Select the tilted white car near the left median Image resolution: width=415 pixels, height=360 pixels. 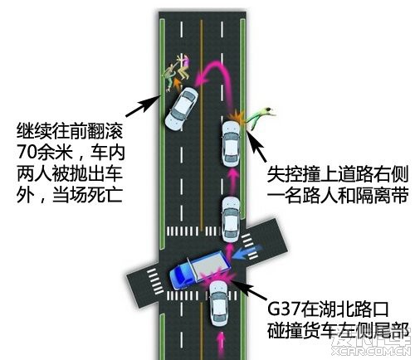point(182,109)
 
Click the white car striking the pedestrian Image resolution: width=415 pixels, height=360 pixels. point(231,144)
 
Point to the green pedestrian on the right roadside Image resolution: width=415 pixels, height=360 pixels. point(260,116)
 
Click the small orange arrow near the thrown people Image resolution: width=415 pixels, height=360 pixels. point(177,84)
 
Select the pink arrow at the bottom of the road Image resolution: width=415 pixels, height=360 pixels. point(221,345)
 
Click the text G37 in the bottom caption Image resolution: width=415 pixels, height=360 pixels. point(283,309)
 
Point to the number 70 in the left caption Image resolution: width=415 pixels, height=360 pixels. point(27,152)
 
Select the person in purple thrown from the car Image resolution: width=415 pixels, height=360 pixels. point(183,67)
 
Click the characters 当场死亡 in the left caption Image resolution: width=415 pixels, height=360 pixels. point(87,195)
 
